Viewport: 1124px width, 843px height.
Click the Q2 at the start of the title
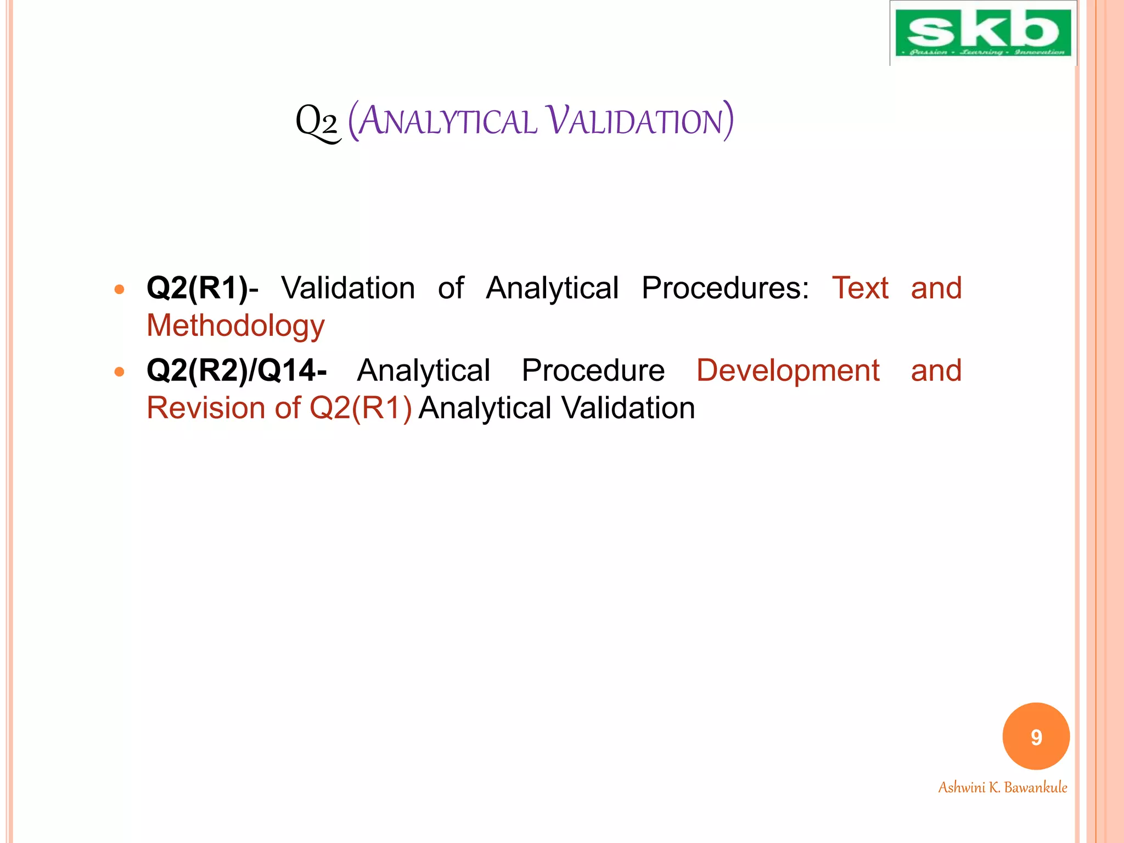pos(317,122)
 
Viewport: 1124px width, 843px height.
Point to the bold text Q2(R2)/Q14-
pos(237,370)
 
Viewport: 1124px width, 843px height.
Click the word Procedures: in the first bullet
pos(725,288)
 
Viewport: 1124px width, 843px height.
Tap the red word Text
pos(860,288)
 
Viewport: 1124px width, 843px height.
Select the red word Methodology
pos(235,326)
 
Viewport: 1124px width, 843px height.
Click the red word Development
pos(788,370)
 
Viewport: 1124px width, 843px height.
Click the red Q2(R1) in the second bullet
pos(361,408)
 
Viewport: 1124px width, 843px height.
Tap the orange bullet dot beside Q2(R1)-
pos(120,289)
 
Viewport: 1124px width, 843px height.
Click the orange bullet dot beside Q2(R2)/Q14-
pos(120,372)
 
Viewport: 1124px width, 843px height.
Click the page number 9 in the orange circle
pos(1036,737)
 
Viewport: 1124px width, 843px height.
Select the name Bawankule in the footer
pos(1036,788)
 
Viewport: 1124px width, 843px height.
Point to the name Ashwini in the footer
pos(962,788)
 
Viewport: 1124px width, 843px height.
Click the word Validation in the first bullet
pos(348,288)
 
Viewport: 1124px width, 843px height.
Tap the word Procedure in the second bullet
pos(593,370)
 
